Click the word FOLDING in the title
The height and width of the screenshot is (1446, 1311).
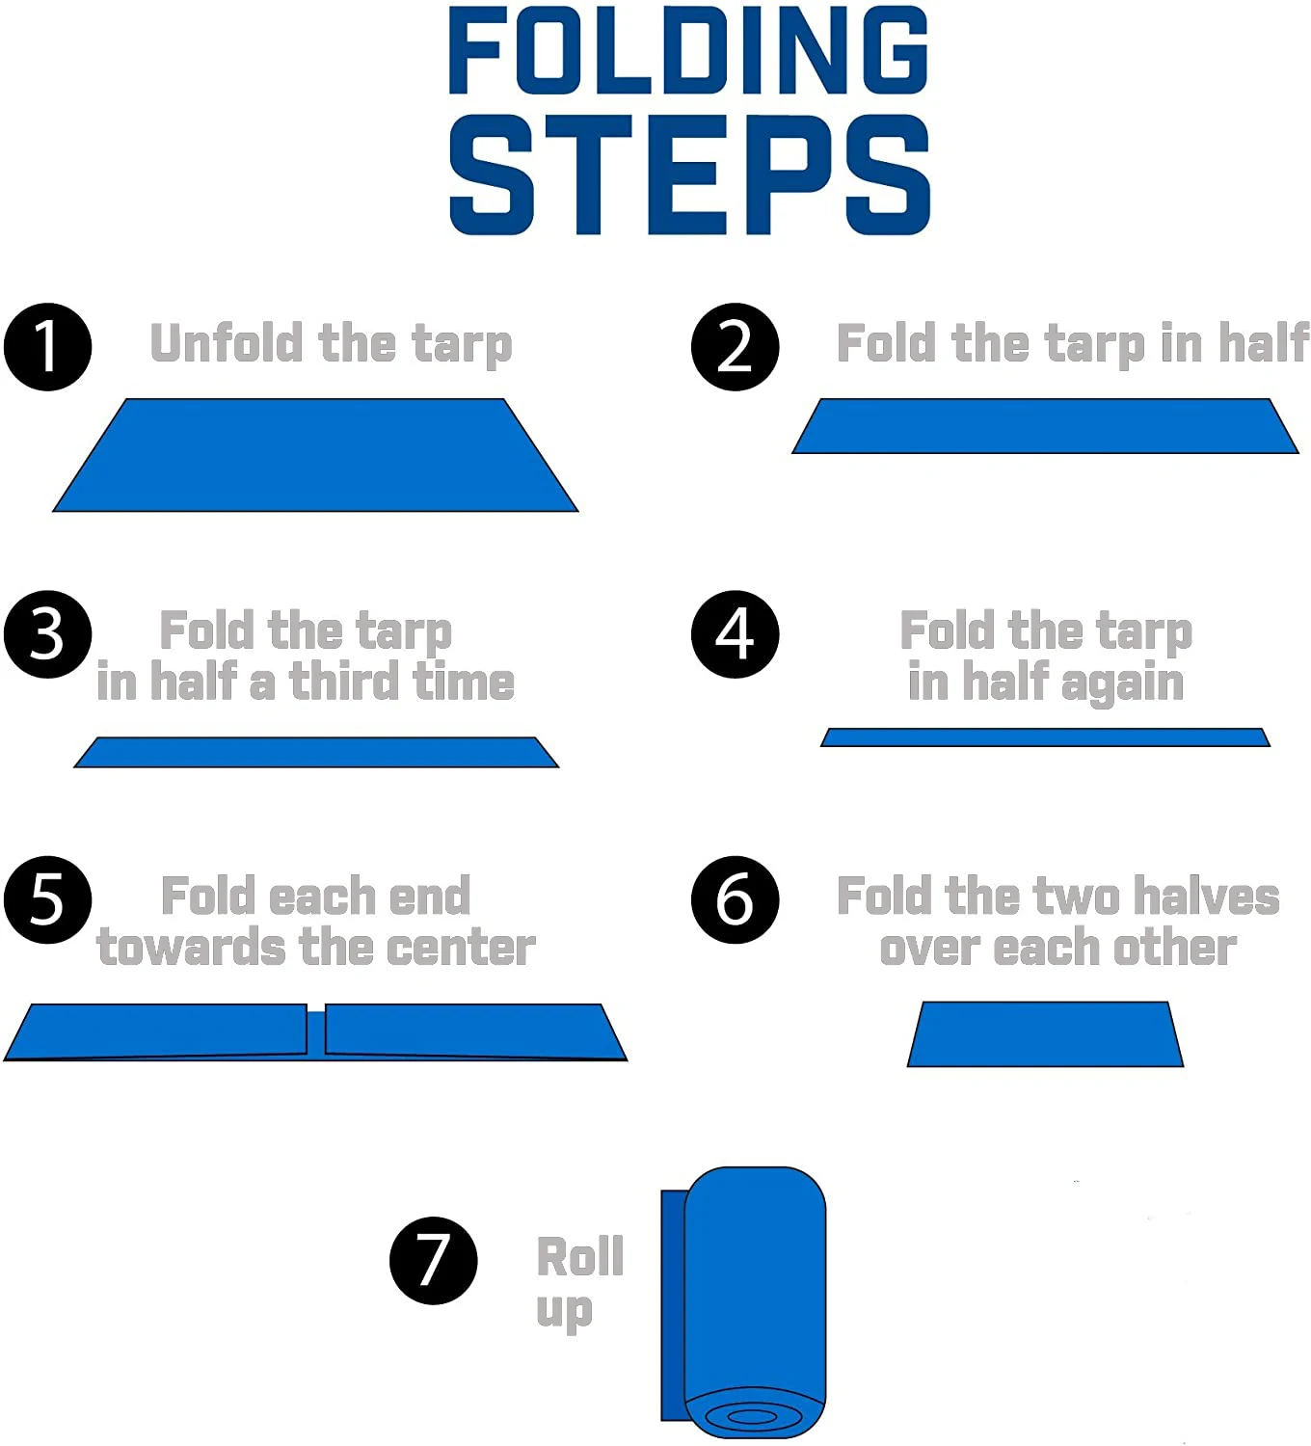tap(688, 50)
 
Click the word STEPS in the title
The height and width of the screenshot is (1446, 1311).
tap(689, 175)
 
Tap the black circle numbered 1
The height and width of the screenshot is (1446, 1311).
tap(47, 347)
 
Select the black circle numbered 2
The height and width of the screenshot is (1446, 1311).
tap(735, 347)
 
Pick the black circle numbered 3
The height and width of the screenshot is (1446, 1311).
tap(47, 634)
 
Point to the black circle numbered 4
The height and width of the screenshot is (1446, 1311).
tap(735, 634)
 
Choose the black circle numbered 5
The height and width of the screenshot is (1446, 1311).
tap(47, 899)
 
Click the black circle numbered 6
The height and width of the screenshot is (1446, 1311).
tap(735, 899)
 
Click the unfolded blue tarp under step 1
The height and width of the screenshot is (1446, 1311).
tap(315, 455)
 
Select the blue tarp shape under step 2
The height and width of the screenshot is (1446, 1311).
tap(1045, 426)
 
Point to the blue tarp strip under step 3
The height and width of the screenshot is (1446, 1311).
tap(316, 753)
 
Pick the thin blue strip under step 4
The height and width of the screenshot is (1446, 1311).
tap(1045, 737)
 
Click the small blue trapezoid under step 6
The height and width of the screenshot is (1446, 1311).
tap(1045, 1034)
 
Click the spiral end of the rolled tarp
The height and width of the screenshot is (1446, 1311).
tap(752, 1416)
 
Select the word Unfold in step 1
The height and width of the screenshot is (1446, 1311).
tap(227, 343)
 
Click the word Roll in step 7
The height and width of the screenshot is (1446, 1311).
tap(580, 1257)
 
